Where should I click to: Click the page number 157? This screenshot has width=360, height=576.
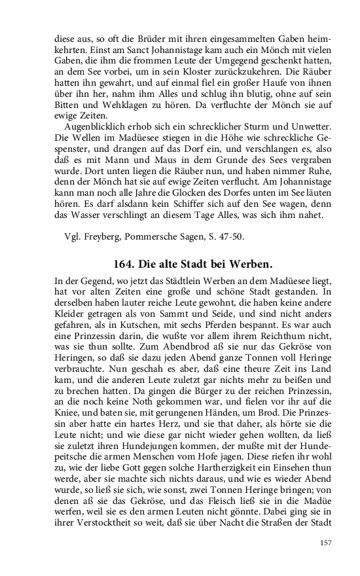click(326, 543)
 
